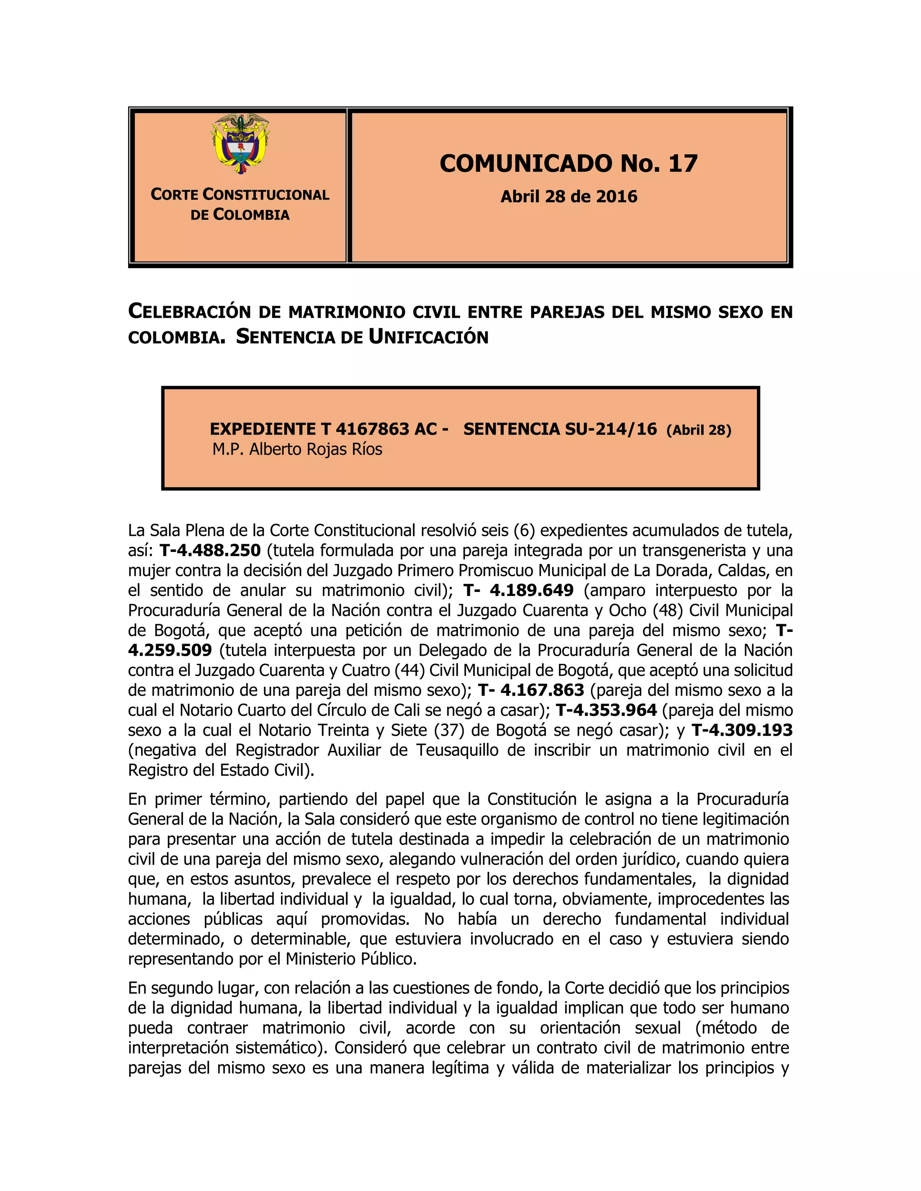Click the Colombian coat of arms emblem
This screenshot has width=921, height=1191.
[x=240, y=144]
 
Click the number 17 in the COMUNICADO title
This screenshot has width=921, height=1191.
[x=683, y=164]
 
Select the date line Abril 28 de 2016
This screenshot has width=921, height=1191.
[x=568, y=196]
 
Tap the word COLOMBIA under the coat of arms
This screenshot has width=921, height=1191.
[x=251, y=215]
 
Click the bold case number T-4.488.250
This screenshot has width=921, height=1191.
[x=210, y=550]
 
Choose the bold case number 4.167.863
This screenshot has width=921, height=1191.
[x=542, y=690]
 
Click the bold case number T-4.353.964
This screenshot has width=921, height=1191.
[x=606, y=710]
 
